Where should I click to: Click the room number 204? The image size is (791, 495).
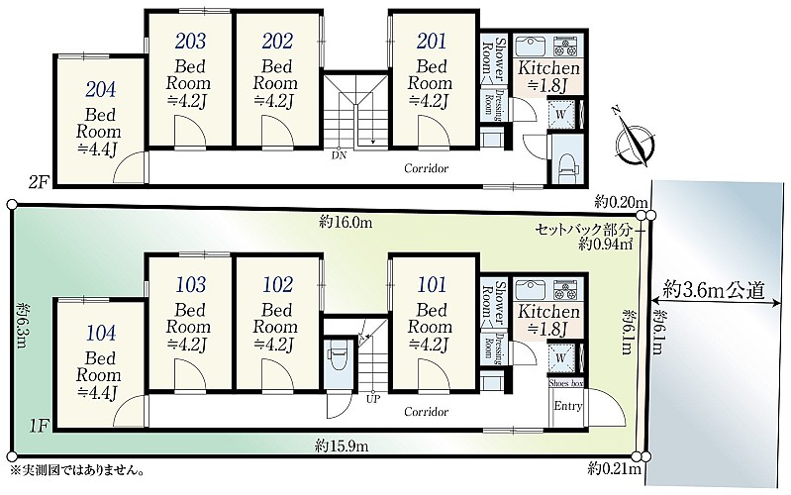[x=100, y=89]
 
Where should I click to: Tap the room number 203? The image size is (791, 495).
[x=191, y=41]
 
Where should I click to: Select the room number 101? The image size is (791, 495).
[x=432, y=284]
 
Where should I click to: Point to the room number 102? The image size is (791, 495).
[x=277, y=284]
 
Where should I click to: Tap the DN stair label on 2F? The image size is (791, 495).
[x=339, y=154]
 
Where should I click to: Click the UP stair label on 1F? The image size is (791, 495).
[x=373, y=399]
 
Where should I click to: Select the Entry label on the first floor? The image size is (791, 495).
[x=568, y=406]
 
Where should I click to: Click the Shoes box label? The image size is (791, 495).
[x=566, y=383]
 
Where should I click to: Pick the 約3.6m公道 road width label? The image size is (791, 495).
[x=715, y=290]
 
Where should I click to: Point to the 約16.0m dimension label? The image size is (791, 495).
[x=346, y=222]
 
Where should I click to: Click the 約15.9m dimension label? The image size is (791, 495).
[x=342, y=446]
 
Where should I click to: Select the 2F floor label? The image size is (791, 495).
[x=39, y=181]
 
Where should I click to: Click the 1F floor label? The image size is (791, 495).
[x=39, y=427]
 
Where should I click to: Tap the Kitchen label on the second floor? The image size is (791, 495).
[x=548, y=67]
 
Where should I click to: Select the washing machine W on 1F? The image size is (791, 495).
[x=561, y=357]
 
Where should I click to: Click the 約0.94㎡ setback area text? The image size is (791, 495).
[x=605, y=245]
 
